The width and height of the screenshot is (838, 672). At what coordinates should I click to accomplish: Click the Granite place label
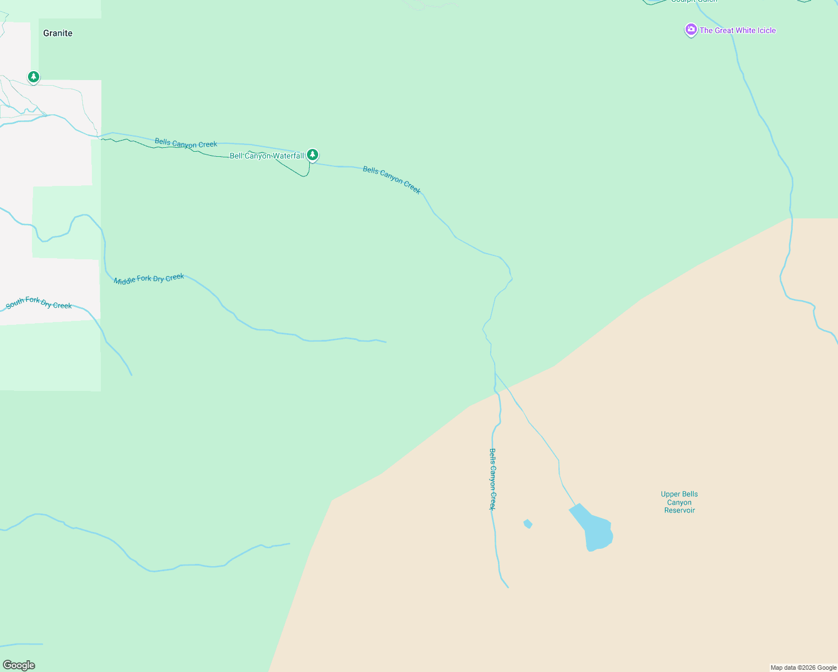point(58,33)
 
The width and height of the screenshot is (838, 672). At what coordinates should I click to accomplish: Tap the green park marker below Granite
point(34,77)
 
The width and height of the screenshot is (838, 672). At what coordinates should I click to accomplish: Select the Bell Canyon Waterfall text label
point(267,156)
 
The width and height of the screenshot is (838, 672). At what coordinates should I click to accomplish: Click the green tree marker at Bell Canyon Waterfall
point(313,155)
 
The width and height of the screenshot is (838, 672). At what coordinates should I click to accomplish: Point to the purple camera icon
point(691,30)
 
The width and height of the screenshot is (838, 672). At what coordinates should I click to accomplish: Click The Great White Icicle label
point(737,30)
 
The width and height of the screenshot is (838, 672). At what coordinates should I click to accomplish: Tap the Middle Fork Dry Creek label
point(149,279)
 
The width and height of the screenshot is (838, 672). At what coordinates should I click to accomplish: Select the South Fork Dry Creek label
point(39,303)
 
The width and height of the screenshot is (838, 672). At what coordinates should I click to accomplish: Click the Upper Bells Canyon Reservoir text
point(679,502)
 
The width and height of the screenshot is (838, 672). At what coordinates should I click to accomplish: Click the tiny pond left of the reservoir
point(528,524)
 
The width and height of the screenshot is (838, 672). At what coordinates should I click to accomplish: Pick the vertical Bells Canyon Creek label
point(492,479)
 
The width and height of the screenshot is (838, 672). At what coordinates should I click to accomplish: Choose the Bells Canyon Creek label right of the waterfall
point(392,180)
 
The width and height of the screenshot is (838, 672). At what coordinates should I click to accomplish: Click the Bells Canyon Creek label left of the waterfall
point(186,143)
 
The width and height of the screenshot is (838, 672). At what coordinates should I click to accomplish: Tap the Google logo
point(19,665)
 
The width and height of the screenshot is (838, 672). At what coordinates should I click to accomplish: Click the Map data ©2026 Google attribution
point(803,668)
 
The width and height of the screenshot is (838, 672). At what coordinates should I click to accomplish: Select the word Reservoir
point(679,510)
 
